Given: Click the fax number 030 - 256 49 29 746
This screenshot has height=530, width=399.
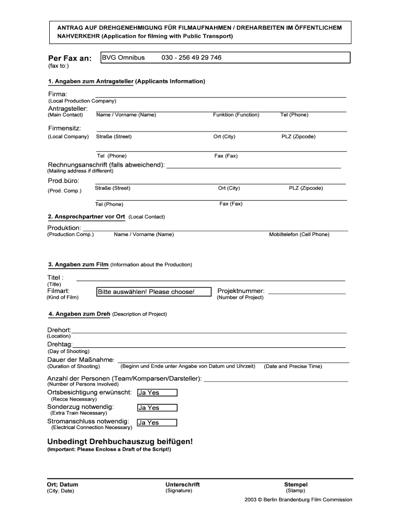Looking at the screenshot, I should click(191, 57).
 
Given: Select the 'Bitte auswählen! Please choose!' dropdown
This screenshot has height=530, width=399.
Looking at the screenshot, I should click(154, 292).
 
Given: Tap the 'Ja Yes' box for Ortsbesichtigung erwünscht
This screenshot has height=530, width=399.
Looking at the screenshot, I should click(157, 393).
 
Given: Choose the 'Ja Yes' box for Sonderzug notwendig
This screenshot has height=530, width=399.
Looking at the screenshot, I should click(157, 408).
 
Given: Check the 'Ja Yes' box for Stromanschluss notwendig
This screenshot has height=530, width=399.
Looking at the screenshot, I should click(157, 423).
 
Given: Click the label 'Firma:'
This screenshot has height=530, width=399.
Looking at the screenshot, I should click(58, 94).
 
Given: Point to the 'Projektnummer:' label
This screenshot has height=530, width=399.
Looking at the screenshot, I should click(241, 291).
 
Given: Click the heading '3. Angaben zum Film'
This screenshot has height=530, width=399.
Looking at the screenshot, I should click(78, 264).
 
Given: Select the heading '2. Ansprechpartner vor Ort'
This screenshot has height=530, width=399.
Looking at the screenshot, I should click(87, 216).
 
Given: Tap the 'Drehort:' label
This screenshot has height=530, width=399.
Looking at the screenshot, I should click(60, 330).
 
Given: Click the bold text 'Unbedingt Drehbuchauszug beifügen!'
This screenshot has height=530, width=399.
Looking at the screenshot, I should click(120, 441).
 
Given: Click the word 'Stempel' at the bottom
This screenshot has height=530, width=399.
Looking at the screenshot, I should click(295, 484).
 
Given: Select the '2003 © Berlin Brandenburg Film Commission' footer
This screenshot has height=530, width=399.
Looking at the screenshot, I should click(298, 499).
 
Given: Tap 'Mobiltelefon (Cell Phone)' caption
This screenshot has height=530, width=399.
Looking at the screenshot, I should click(299, 234).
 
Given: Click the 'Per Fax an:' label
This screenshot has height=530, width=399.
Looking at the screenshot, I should click(69, 58).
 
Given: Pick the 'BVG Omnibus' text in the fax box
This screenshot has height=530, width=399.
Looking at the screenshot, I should click(123, 57).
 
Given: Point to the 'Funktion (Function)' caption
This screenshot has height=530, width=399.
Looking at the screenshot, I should click(236, 114).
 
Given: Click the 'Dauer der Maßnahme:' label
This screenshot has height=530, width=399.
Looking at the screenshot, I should click(81, 360).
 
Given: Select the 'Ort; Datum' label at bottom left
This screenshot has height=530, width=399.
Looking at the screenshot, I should click(63, 484).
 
